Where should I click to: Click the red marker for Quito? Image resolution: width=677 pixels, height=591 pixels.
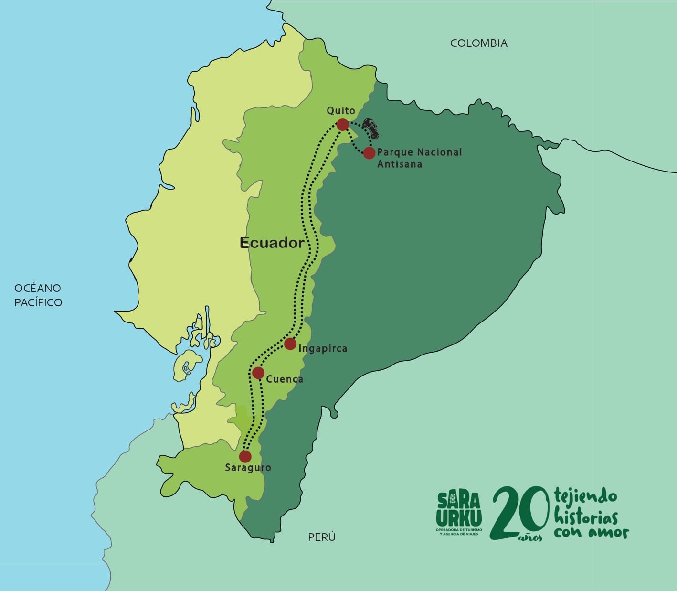342,125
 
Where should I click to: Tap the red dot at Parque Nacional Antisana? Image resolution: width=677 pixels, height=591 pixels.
369,153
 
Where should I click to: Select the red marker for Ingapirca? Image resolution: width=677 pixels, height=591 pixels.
290,344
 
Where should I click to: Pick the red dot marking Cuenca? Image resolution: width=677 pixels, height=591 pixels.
258,373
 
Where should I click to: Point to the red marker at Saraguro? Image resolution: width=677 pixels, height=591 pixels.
245,456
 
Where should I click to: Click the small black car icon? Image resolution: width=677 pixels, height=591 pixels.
370,128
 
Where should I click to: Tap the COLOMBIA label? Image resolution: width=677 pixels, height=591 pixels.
478,43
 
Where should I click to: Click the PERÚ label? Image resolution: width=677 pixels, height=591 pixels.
321,537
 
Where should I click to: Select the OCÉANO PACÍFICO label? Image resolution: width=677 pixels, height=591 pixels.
38,295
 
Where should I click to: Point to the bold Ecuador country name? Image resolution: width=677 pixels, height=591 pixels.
271,243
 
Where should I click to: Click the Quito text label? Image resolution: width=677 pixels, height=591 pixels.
341,110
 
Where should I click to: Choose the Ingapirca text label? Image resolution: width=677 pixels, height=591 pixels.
323,348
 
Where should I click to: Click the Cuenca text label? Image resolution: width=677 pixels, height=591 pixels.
285,379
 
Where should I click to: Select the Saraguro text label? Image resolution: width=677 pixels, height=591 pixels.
248,468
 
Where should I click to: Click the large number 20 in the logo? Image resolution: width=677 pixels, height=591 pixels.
518,511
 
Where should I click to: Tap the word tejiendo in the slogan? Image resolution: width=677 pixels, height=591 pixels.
585,497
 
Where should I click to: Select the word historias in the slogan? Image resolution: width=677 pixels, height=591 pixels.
586,517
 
